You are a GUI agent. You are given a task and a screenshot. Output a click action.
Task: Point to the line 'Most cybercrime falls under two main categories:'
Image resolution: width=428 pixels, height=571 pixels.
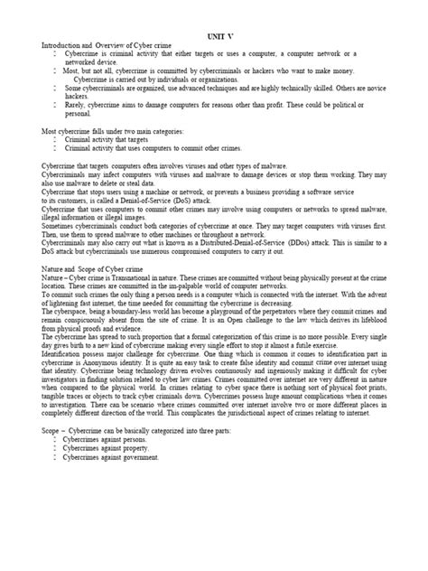click(x=112, y=132)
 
